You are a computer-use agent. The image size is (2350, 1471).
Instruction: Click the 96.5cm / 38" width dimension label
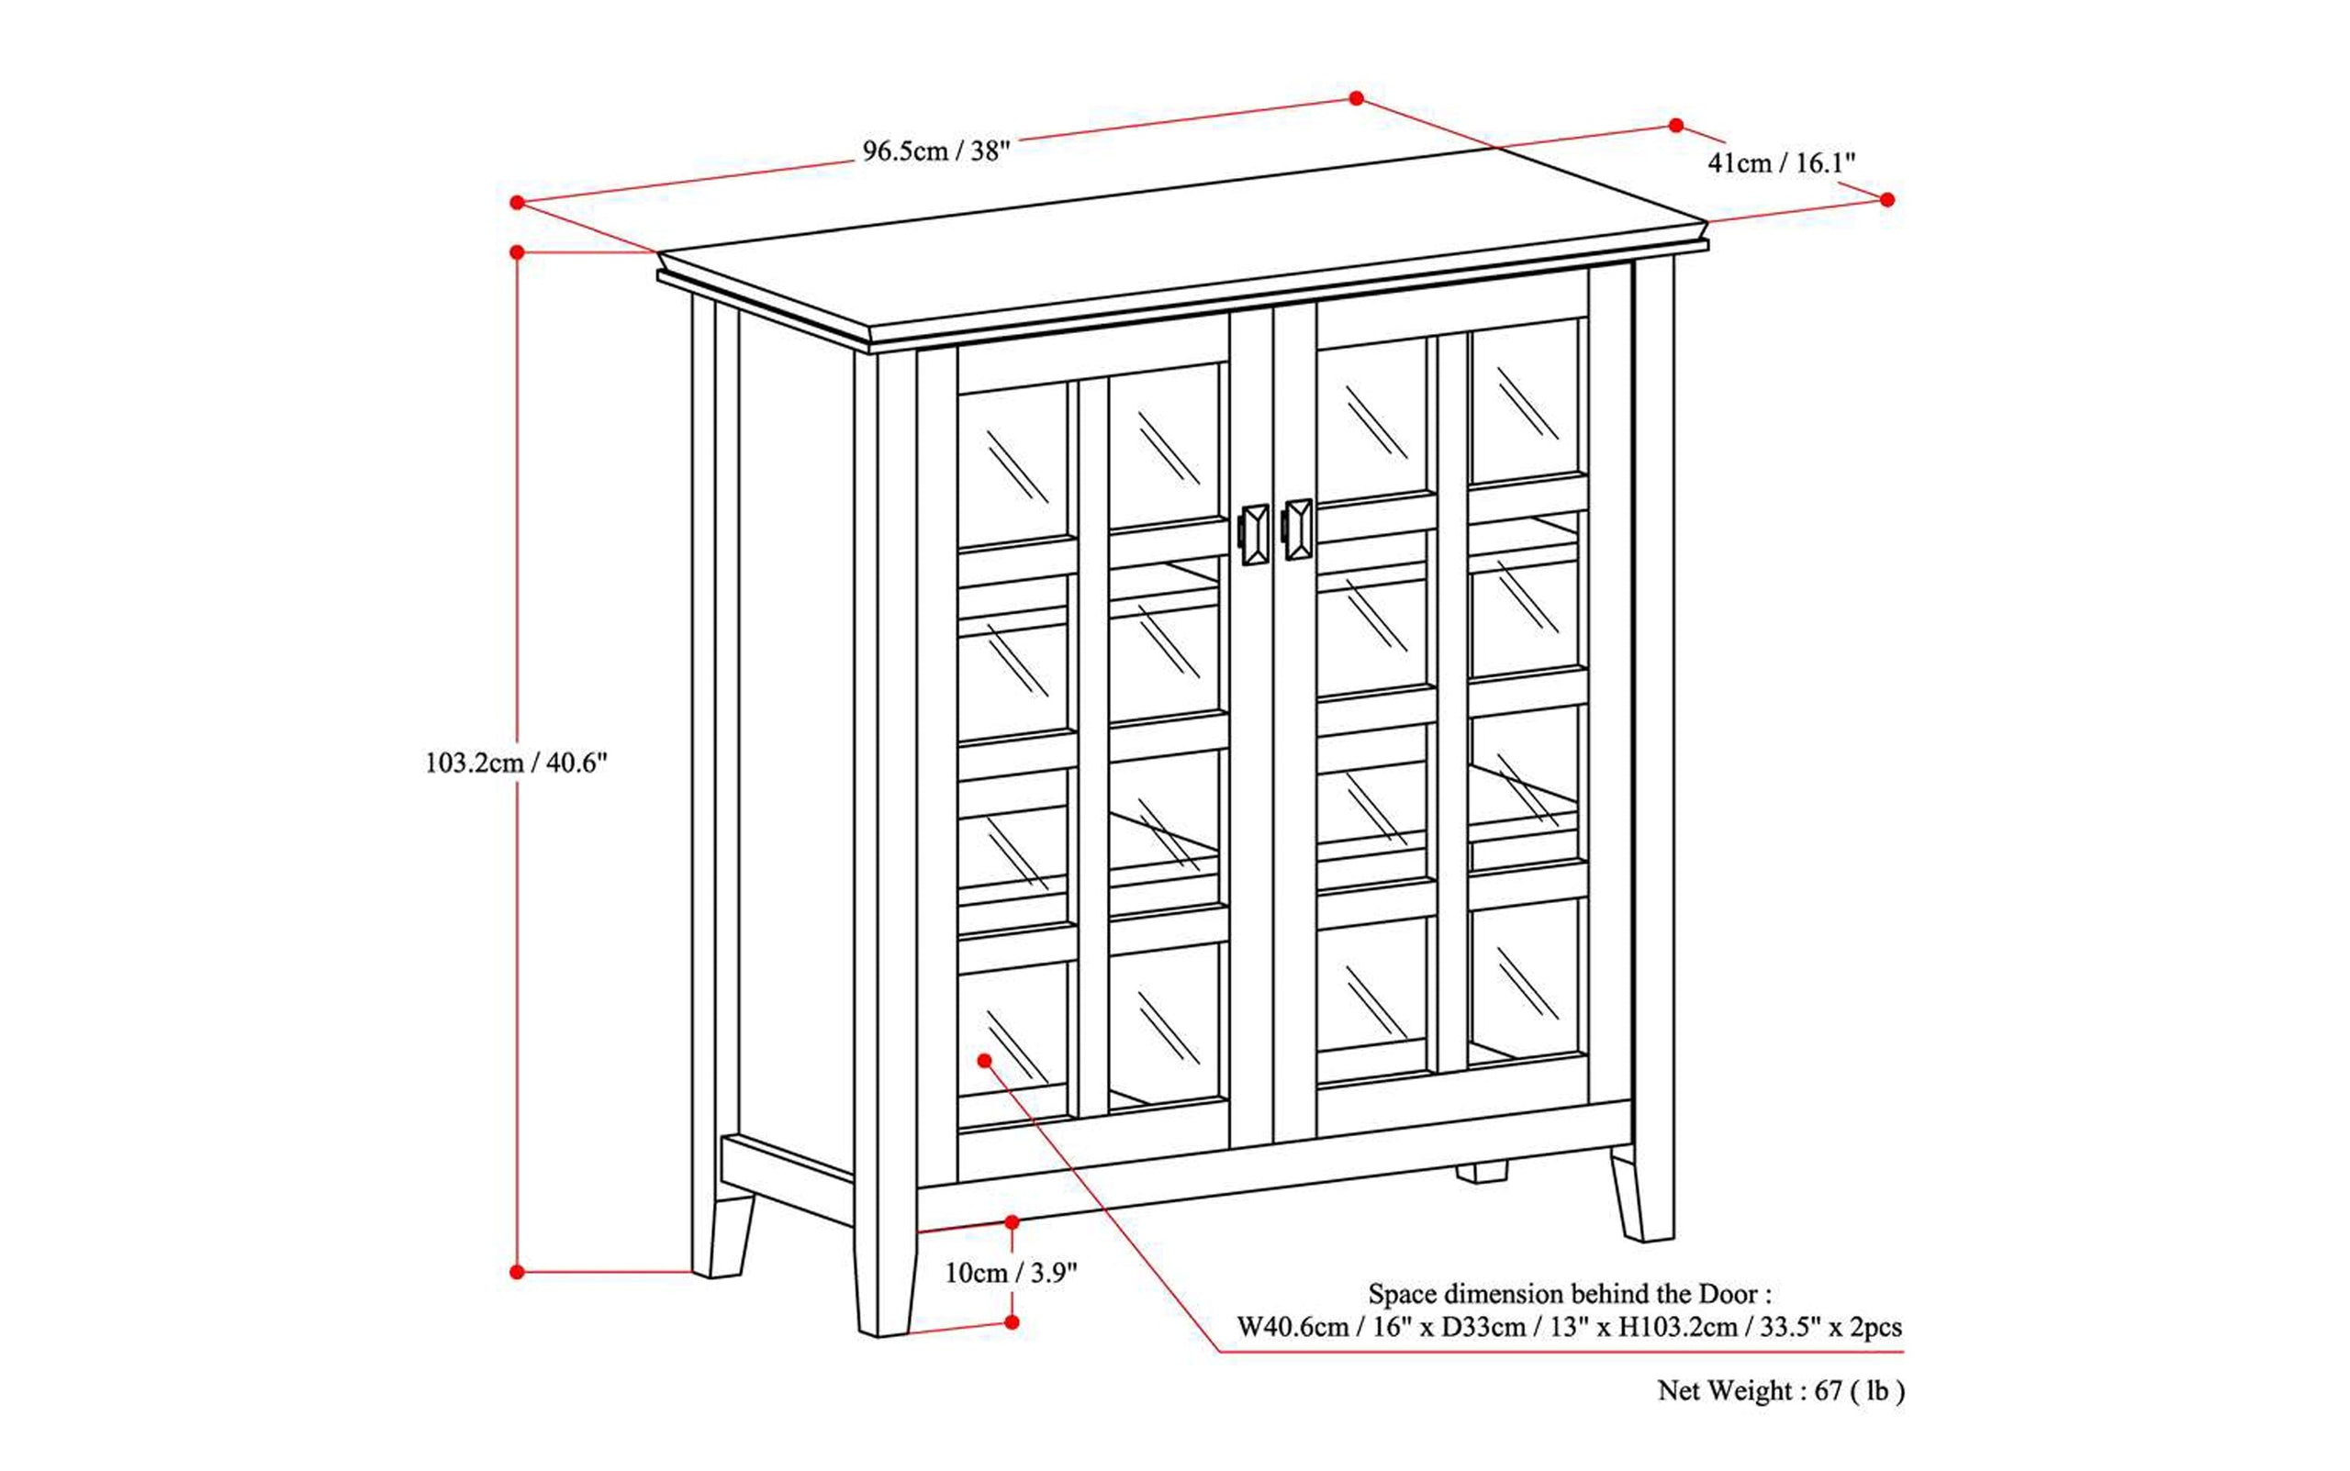[x=935, y=150]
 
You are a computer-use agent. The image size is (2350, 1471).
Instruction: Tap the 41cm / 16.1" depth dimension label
[x=1781, y=162]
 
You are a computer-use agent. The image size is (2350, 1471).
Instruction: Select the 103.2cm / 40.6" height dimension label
[x=516, y=763]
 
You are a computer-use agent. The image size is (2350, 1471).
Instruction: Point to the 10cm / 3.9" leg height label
[x=1011, y=1273]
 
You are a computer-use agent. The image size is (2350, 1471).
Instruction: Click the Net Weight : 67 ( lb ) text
[x=1780, y=1391]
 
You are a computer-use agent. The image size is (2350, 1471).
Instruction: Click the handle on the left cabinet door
[x=1255, y=534]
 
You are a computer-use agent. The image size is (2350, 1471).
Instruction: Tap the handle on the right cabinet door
[x=1298, y=529]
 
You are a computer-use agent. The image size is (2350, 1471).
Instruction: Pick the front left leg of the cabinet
[x=885, y=1284]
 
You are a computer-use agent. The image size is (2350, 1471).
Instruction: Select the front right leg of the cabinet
[x=1644, y=1197]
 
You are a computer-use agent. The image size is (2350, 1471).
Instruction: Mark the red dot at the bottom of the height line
[x=517, y=1272]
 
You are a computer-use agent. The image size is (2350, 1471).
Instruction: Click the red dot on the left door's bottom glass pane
[x=985, y=1060]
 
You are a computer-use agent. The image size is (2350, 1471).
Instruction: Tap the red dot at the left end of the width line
[x=517, y=203]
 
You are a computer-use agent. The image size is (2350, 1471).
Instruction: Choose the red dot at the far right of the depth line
[x=1886, y=199]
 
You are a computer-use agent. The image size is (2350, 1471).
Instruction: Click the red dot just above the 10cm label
[x=1012, y=1222]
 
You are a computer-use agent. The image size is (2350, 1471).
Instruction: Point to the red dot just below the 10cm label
[x=1012, y=1322]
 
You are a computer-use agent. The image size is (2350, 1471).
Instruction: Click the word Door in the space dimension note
[x=1728, y=1294]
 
